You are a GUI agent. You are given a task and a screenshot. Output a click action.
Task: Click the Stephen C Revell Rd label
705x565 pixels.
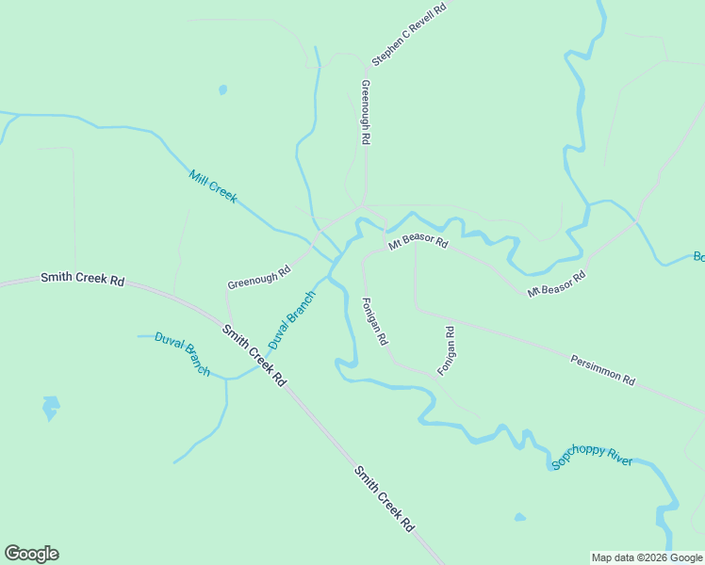[413, 34]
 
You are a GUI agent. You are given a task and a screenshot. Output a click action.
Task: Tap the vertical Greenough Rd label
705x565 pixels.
[366, 111]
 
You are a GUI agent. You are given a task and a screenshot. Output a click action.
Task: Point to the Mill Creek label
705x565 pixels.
[213, 186]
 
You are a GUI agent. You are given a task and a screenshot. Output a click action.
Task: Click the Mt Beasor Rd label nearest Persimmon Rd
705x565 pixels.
[556, 284]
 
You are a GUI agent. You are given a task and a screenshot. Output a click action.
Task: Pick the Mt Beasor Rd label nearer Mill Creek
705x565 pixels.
[418, 242]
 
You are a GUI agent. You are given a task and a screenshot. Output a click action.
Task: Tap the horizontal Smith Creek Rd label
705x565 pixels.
[83, 280]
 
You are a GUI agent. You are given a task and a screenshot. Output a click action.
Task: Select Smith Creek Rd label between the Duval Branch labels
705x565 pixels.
[254, 355]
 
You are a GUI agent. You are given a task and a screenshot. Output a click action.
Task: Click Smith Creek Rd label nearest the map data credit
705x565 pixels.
[385, 499]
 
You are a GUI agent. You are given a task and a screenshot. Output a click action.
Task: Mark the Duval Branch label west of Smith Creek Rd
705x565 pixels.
[182, 354]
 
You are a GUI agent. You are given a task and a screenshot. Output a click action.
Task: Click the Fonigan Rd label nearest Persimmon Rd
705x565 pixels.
[447, 350]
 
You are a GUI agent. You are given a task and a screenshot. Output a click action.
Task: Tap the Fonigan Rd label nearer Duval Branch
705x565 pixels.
[375, 321]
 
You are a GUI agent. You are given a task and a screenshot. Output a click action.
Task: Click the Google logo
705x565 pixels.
[31, 554]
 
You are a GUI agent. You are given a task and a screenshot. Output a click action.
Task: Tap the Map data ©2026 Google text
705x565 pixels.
[647, 557]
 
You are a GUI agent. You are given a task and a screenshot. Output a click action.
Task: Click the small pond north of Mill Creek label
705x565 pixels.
[222, 90]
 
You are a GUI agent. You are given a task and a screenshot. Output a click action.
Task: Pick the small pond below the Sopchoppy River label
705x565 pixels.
[519, 517]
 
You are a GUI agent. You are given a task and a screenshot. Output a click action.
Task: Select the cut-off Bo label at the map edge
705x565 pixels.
[698, 256]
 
